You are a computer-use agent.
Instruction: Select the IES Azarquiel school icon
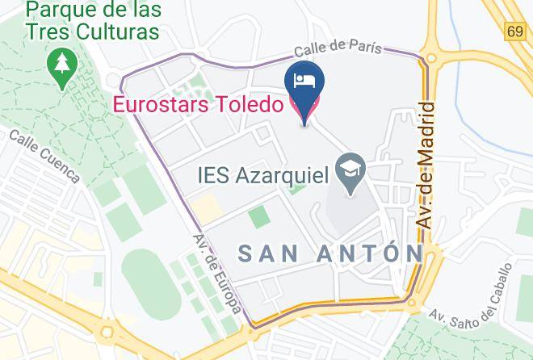pyautogui.click(x=352, y=173)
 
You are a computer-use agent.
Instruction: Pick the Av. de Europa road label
pyautogui.click(x=216, y=274)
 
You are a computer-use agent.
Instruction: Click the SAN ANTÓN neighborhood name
pyautogui.click(x=331, y=253)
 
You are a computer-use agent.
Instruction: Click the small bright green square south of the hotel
pyautogui.click(x=258, y=216)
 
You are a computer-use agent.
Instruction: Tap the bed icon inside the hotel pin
pyautogui.click(x=305, y=79)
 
